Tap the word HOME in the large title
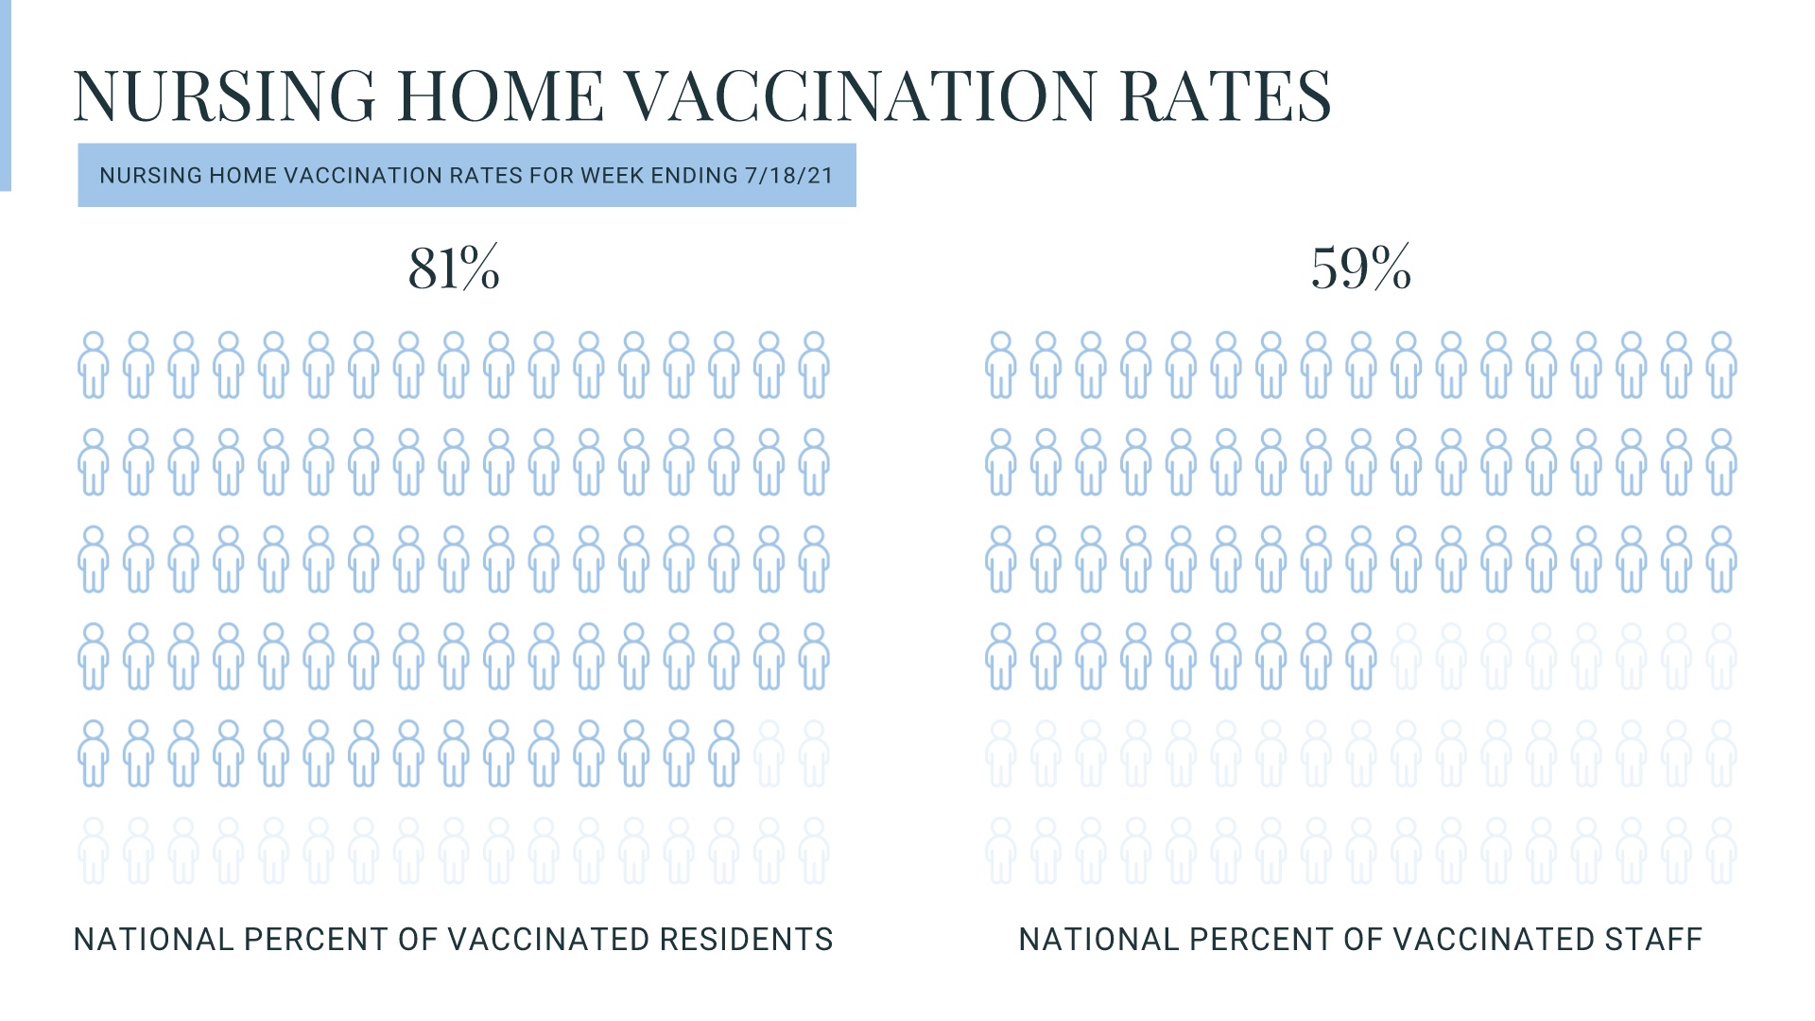(x=500, y=95)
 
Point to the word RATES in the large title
(x=1225, y=95)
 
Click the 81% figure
(x=454, y=268)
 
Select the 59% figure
(x=1360, y=268)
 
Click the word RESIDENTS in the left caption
(x=746, y=940)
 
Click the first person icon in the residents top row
(x=93, y=365)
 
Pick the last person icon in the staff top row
(x=1721, y=365)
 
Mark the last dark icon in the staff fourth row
(x=1360, y=656)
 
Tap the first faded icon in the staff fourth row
(x=1406, y=656)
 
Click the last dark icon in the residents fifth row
(x=723, y=753)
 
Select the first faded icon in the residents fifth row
(x=769, y=753)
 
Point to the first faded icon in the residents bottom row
(x=93, y=851)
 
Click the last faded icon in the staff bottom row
(x=1721, y=851)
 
